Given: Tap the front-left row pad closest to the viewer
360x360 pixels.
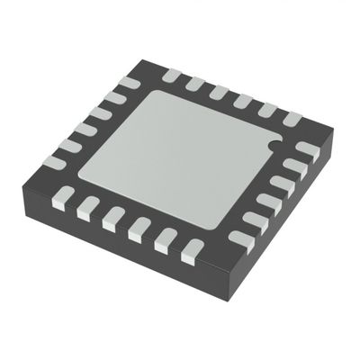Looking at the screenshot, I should (190, 254).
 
